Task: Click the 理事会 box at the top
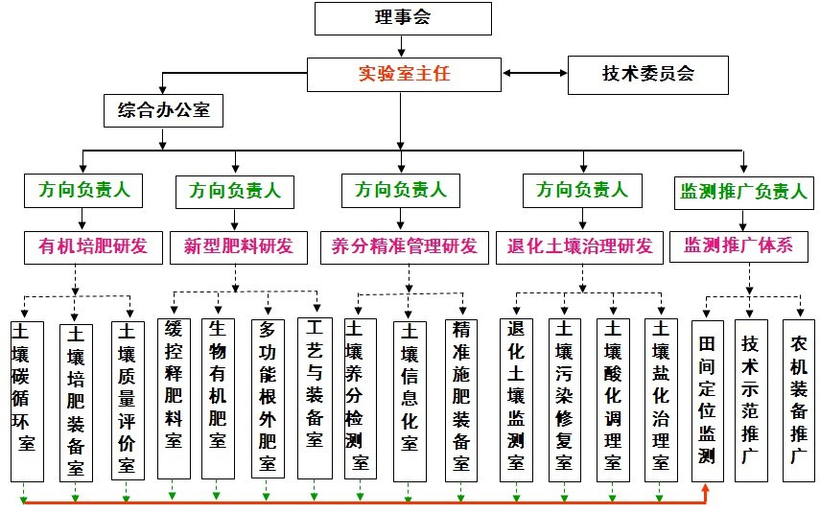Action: pyautogui.click(x=403, y=18)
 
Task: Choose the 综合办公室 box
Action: pyautogui.click(x=163, y=110)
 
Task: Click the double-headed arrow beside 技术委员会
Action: pyautogui.click(x=534, y=74)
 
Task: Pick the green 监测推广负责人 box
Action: pyautogui.click(x=743, y=190)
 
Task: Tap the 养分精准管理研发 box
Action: pyautogui.click(x=404, y=246)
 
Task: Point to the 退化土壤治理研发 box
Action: pyautogui.click(x=579, y=246)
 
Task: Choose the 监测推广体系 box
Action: pyautogui.click(x=738, y=245)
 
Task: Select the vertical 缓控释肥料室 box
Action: pyautogui.click(x=174, y=398)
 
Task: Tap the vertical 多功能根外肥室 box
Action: pyautogui.click(x=267, y=398)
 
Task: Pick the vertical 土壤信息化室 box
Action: pyautogui.click(x=410, y=399)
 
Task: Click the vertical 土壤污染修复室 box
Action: pyautogui.click(x=564, y=398)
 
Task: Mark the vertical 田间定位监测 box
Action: pyautogui.click(x=707, y=399)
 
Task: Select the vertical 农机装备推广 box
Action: pyautogui.click(x=798, y=399)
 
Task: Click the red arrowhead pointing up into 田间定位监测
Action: pyautogui.click(x=707, y=490)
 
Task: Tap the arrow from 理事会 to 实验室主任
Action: pyautogui.click(x=403, y=46)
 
